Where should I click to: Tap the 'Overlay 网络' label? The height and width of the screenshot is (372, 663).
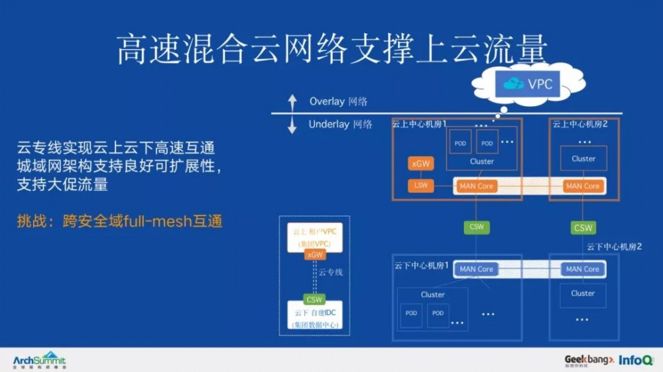point(338,101)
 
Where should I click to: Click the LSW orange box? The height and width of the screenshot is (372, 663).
point(421,186)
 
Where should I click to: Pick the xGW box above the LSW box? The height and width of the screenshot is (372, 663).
point(421,164)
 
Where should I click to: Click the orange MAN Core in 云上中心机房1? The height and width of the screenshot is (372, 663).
point(476,186)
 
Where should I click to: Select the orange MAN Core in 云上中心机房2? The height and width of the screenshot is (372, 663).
point(583,186)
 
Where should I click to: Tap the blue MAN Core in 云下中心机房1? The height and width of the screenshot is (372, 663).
point(476,269)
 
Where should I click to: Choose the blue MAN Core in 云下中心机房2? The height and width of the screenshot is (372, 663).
point(583,269)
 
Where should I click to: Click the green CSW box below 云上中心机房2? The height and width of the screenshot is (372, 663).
point(583,227)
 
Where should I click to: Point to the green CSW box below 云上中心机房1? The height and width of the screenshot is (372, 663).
point(476,227)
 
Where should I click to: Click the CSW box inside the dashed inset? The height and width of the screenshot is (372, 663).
point(314,299)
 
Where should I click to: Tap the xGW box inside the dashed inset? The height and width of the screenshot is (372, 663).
point(314,255)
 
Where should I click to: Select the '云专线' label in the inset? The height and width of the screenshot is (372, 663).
point(330,273)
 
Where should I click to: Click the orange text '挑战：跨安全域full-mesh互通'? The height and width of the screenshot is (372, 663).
point(119,221)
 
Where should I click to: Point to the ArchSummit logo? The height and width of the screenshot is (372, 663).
point(40,360)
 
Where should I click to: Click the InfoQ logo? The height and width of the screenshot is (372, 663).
point(636,360)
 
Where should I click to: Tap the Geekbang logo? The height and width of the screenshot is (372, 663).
point(589,360)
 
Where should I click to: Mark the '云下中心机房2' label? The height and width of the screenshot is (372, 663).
point(614,247)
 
